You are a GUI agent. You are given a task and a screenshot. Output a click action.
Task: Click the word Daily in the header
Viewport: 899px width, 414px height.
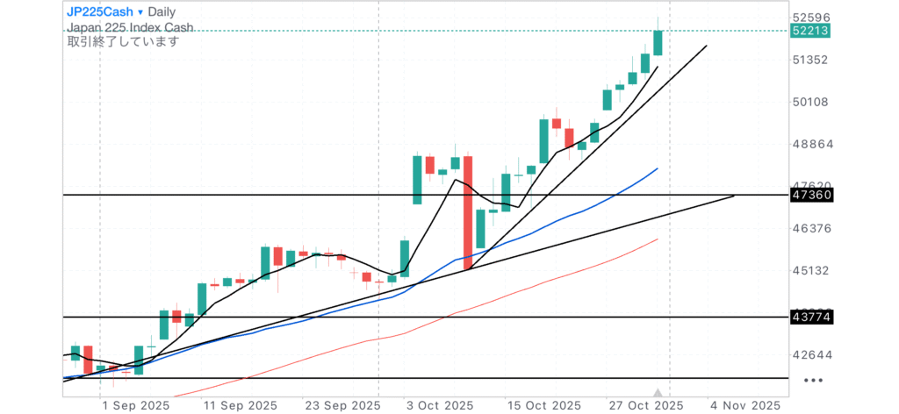point(162,12)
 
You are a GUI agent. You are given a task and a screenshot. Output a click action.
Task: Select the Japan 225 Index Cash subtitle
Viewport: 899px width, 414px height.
point(130,27)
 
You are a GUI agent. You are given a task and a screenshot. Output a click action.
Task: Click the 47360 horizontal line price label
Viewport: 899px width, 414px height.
point(811,194)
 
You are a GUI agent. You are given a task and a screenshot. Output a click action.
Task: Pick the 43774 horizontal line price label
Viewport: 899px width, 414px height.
point(811,317)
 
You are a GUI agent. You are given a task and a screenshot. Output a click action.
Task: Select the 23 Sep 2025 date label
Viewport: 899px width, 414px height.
point(338,405)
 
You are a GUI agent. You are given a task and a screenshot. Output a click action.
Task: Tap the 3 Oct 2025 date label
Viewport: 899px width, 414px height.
point(440,405)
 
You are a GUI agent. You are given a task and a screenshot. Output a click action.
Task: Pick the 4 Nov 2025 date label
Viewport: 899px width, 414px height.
point(744,405)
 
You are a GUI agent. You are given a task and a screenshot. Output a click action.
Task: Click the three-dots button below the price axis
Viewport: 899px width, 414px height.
point(814,381)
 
